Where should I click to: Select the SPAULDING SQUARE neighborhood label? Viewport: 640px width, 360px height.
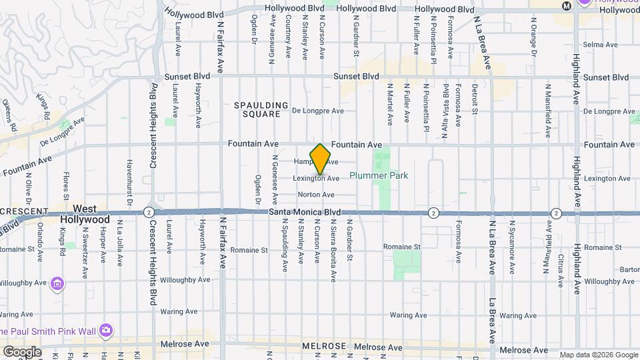point(261,110)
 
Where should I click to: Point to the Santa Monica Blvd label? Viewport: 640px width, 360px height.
point(305,212)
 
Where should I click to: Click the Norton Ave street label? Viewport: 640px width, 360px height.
point(316,195)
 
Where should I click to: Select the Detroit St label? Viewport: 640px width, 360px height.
point(475,98)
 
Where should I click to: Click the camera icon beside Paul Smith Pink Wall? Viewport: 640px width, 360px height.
point(105,330)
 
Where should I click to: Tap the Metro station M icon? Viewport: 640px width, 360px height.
point(567,5)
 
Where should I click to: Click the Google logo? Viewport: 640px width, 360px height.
point(22,352)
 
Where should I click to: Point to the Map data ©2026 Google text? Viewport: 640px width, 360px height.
point(598,355)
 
